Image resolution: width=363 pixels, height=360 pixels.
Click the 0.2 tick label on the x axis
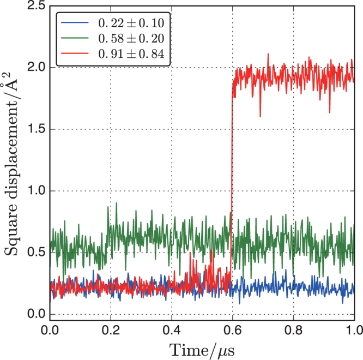(x=111, y=330)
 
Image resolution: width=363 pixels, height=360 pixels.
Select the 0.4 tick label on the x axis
(x=172, y=330)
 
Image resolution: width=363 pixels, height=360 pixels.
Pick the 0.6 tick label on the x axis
(x=233, y=330)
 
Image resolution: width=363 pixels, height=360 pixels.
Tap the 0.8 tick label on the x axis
(x=294, y=330)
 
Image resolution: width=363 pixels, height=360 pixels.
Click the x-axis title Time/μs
(x=202, y=349)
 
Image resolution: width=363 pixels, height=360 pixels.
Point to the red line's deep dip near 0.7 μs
(x=260, y=115)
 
